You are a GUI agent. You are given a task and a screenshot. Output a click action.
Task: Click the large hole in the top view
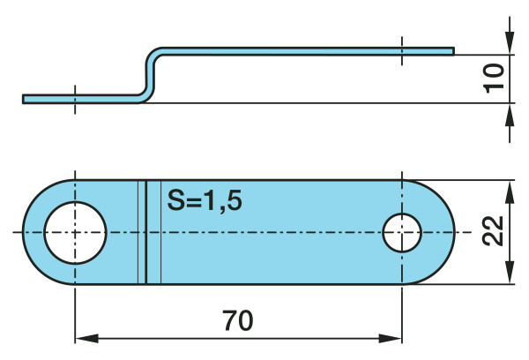75,233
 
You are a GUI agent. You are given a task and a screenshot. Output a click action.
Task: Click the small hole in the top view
402,233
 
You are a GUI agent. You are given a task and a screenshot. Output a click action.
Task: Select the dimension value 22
495,233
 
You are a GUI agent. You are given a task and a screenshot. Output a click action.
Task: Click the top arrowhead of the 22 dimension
509,190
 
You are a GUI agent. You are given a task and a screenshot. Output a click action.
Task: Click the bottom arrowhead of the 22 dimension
509,275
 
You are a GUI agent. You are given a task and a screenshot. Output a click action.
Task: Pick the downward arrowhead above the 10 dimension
509,43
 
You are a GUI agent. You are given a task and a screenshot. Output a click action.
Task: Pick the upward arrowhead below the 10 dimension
509,113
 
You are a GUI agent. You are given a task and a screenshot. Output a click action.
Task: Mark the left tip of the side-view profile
25,98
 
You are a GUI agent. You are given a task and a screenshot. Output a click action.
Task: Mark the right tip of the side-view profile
453,51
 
